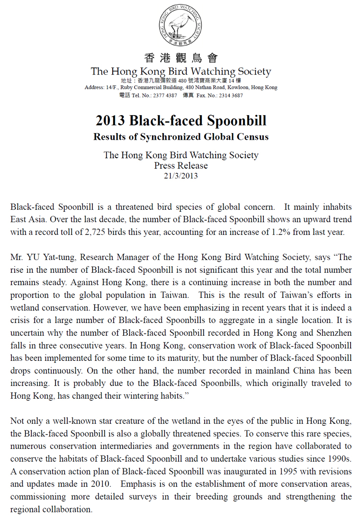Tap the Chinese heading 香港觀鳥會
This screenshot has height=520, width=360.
[x=180, y=58]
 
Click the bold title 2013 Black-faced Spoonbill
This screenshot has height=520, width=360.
[x=180, y=120]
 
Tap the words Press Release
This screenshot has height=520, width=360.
[x=180, y=165]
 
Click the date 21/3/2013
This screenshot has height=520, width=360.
[x=180, y=175]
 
